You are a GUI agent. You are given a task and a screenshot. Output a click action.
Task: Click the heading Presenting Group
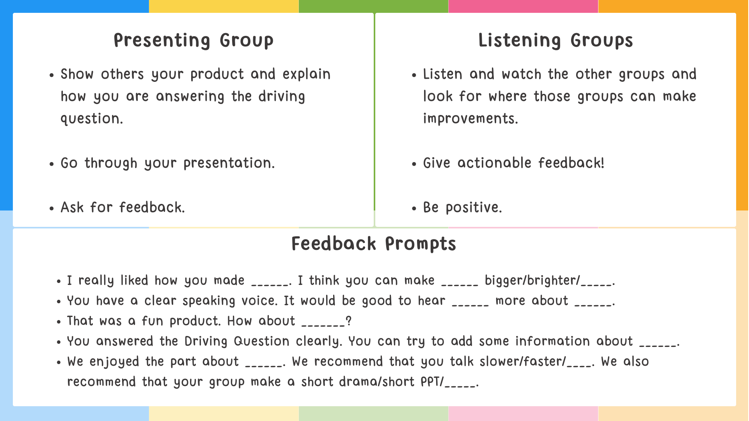[193, 41]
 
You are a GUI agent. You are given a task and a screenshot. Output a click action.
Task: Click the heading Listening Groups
[555, 41]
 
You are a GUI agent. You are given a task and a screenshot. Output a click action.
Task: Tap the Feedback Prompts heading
[374, 244]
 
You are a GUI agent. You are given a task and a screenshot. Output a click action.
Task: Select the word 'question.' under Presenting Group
[92, 119]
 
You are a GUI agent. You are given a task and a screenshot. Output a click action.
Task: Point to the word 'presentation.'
[229, 163]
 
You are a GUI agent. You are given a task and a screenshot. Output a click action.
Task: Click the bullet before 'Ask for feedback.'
[51, 209]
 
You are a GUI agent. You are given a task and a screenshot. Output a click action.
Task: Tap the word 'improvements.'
[470, 119]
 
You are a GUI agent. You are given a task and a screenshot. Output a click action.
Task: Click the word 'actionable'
[494, 163]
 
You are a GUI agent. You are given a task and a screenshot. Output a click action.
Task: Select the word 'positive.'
[474, 208]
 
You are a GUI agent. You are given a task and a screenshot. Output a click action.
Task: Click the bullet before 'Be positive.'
[414, 209]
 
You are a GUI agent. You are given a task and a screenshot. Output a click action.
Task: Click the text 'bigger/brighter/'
[532, 281]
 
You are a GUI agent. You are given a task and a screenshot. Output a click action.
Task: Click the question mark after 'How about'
[349, 321]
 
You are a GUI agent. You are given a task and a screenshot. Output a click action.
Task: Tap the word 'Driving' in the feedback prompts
[206, 341]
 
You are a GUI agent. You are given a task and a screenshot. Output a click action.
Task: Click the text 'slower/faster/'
[522, 362]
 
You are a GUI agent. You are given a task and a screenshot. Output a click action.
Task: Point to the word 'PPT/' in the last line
[432, 382]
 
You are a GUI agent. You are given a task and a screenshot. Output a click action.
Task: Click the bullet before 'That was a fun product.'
[59, 322]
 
